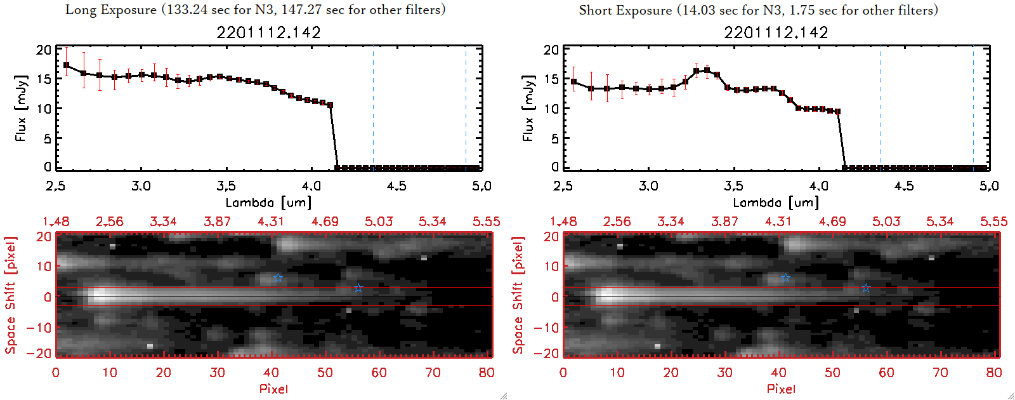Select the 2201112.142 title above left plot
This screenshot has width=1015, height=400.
click(x=268, y=32)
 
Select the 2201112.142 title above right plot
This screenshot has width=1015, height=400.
click(x=776, y=32)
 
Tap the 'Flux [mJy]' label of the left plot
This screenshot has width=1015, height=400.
click(x=21, y=108)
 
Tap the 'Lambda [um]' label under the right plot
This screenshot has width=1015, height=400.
click(x=776, y=203)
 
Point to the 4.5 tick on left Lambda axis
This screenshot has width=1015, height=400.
click(x=396, y=186)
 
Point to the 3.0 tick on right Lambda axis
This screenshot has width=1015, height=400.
click(x=648, y=186)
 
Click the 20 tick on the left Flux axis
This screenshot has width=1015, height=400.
click(x=44, y=50)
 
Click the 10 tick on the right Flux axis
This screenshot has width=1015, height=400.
click(x=551, y=109)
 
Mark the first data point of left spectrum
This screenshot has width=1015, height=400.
click(x=66, y=65)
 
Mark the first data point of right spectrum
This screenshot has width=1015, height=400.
click(x=573, y=81)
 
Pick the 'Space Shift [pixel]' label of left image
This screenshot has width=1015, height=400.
click(x=10, y=295)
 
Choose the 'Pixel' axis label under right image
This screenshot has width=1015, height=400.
click(x=781, y=389)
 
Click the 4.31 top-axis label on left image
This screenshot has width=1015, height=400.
click(x=271, y=222)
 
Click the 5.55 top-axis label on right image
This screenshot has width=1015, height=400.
click(x=993, y=222)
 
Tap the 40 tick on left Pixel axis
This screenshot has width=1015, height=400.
click(x=271, y=373)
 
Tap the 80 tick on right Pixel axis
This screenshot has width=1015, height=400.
click(x=994, y=373)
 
